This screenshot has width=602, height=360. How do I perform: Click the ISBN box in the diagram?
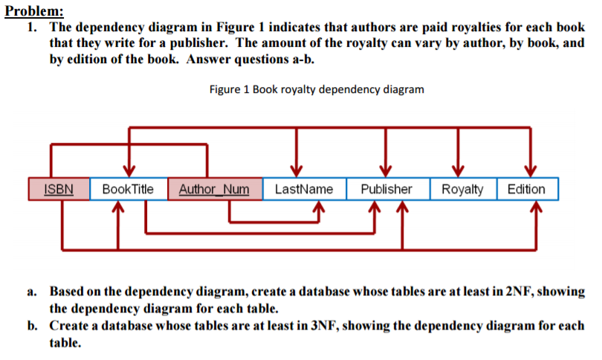[58, 189]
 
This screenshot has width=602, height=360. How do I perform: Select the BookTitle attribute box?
[128, 189]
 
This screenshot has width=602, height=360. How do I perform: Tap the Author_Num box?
[215, 189]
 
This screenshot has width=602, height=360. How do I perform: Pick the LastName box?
[303, 189]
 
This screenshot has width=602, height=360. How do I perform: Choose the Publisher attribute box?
[386, 189]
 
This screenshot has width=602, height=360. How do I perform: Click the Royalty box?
[462, 189]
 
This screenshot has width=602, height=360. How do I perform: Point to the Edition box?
[526, 189]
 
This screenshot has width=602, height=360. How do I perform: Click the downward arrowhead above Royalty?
[459, 168]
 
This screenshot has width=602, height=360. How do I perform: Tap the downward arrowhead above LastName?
[297, 168]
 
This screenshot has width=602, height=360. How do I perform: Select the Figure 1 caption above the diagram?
[317, 90]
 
